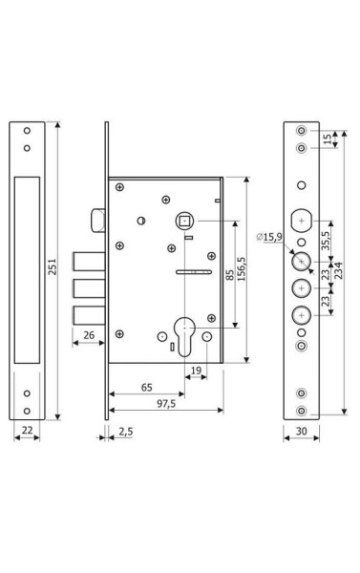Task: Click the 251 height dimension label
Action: [53, 266]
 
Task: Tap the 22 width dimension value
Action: [27, 431]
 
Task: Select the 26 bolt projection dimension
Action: [89, 335]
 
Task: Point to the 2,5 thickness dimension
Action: [126, 432]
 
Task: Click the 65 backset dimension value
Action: [146, 388]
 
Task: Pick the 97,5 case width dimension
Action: [166, 403]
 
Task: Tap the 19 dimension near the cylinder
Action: [197, 371]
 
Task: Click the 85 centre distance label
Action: [229, 275]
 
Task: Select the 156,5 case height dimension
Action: [242, 268]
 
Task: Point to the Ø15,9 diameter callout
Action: [269, 237]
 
